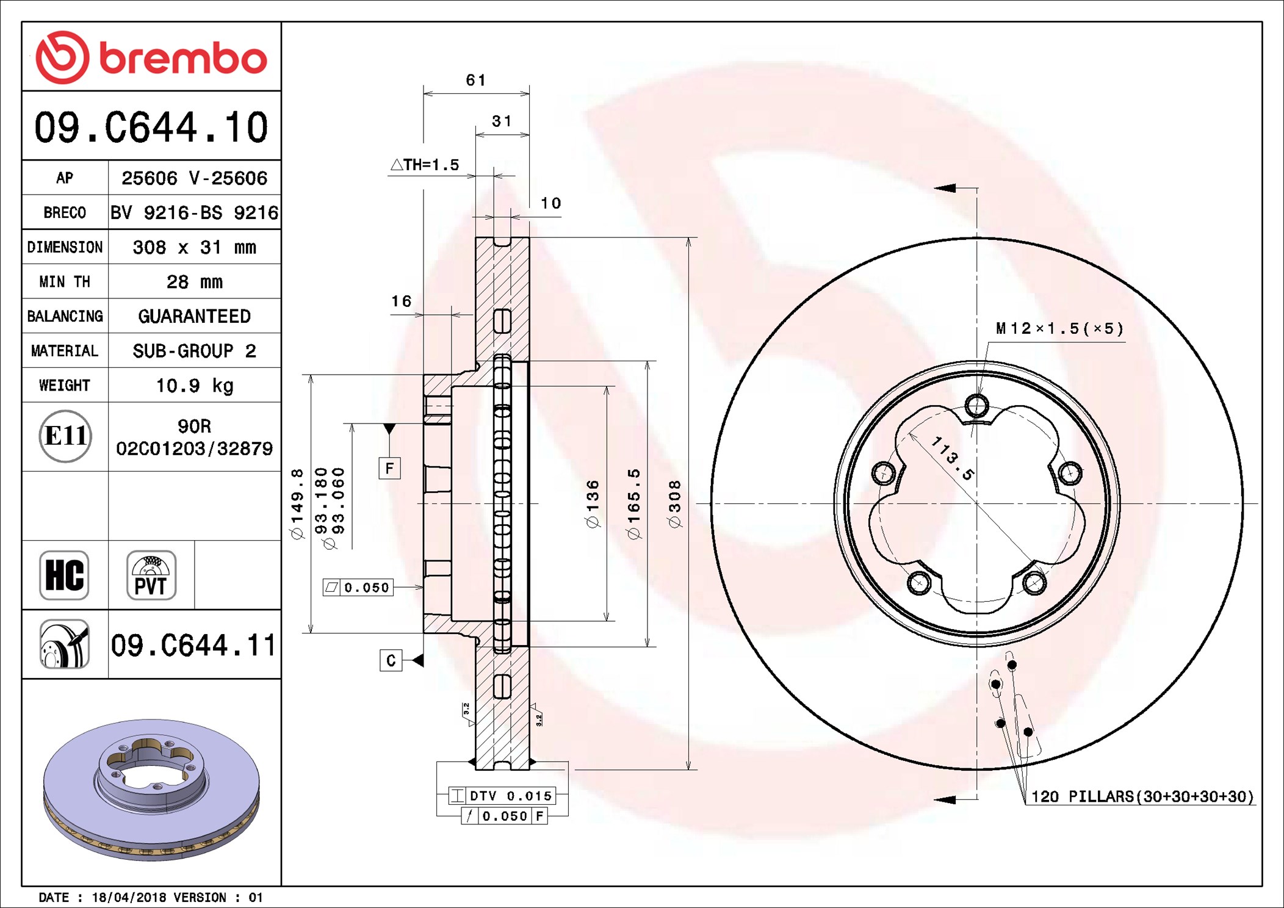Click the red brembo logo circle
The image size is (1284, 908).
click(62, 57)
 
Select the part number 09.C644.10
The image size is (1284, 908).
click(151, 128)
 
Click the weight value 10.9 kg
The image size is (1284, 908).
click(194, 386)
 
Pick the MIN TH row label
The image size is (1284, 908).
click(65, 282)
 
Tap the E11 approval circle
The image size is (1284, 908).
click(65, 436)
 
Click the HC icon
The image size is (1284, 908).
click(64, 575)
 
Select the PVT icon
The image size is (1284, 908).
click(151, 575)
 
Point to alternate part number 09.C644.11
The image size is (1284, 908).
click(193, 645)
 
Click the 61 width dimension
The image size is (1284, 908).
click(476, 81)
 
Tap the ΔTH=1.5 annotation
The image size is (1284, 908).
click(425, 165)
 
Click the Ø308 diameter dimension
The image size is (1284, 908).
click(674, 503)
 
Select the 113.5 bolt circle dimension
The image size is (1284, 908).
click(952, 458)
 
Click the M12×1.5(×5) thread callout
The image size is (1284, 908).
click(1059, 329)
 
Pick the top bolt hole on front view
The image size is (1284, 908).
click(976, 405)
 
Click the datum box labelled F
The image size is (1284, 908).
click(389, 469)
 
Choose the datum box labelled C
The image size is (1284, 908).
click(391, 660)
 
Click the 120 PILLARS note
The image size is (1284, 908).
click(1141, 796)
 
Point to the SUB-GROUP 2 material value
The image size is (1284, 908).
click(194, 351)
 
